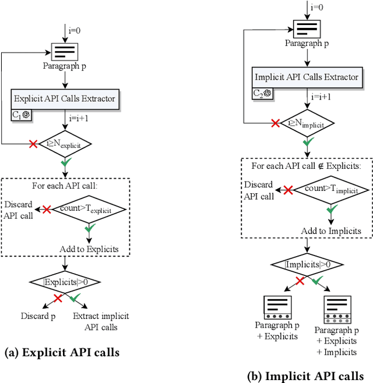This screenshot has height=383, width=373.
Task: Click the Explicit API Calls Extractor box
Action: coord(65,98)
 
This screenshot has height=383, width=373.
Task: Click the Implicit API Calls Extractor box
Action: coord(305,77)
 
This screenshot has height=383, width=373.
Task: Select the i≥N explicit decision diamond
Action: coord(65,144)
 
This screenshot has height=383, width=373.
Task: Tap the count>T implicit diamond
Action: coord(330,189)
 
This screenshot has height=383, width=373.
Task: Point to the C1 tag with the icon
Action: coord(22,115)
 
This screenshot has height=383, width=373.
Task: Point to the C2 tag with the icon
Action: coord(263,93)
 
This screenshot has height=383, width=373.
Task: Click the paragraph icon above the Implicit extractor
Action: coord(306,27)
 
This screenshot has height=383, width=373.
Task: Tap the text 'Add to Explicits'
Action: coord(89,249)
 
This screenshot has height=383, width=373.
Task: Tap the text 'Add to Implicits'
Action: coord(330,231)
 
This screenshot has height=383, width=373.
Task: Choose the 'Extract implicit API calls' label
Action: coord(101,321)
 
